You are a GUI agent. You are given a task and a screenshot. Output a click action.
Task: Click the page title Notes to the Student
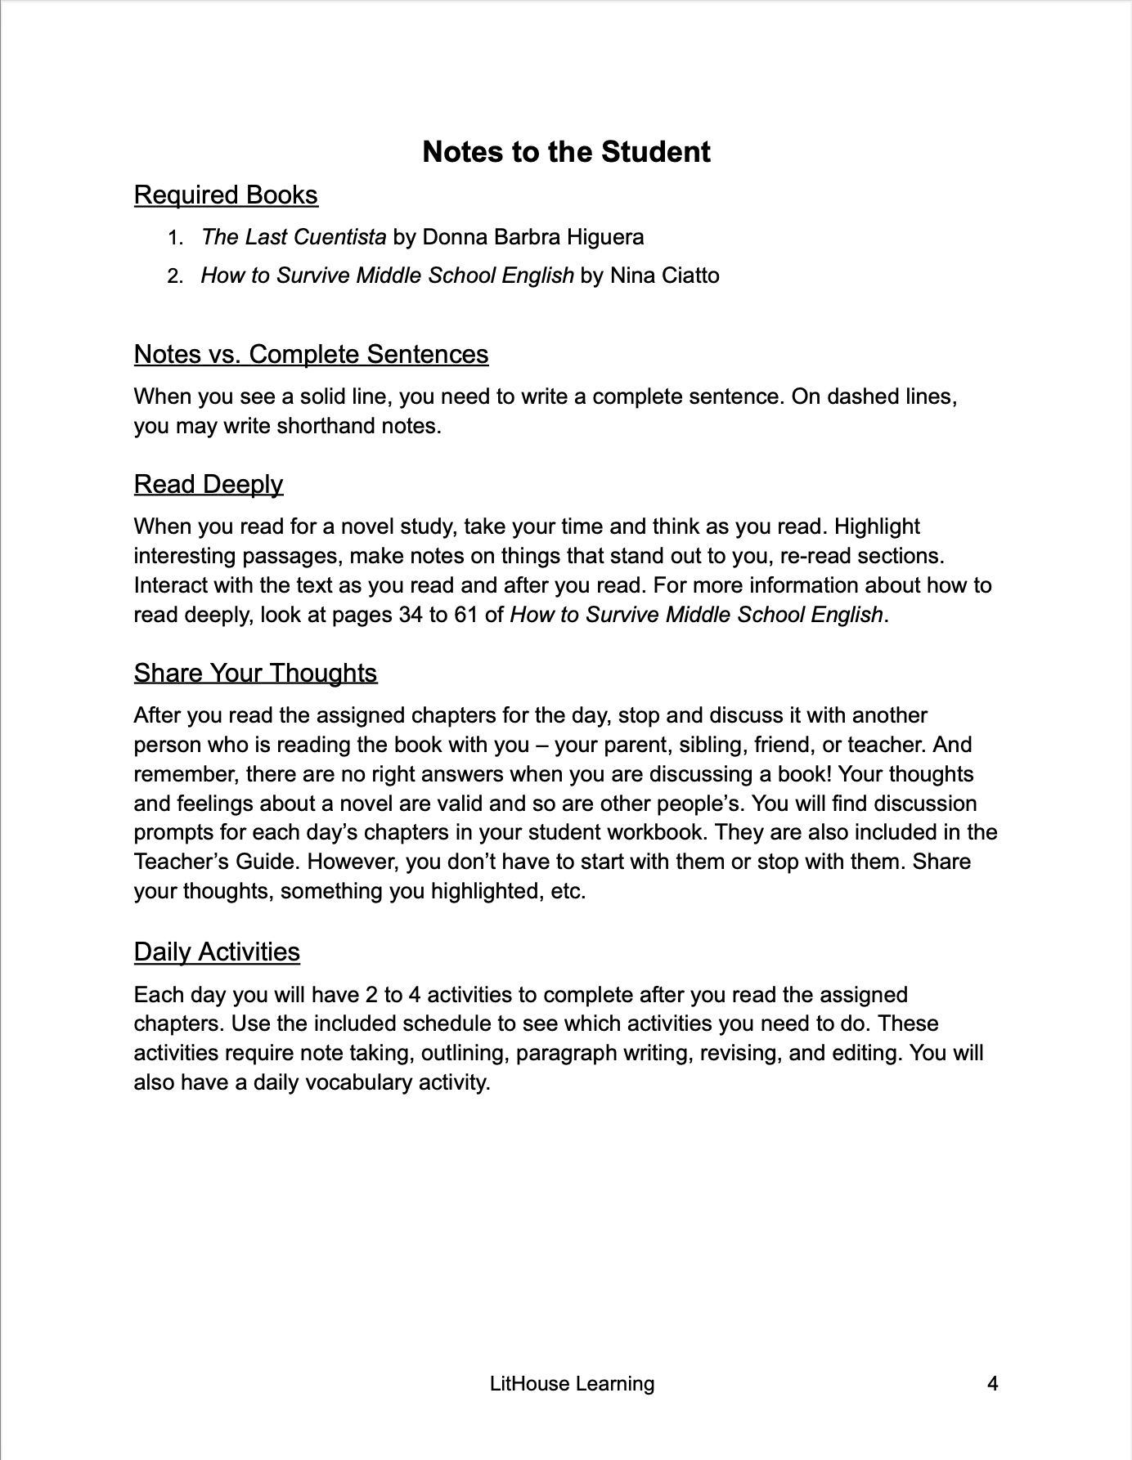click(x=566, y=152)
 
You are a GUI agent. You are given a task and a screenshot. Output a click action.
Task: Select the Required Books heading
click(x=226, y=195)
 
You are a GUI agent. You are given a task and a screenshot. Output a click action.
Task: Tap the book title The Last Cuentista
click(x=294, y=237)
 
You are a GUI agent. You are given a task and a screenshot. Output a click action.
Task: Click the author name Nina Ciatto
click(x=665, y=275)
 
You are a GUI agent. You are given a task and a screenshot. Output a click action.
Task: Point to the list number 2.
click(x=174, y=276)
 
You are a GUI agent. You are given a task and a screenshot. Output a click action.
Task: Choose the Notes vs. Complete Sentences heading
click(x=311, y=354)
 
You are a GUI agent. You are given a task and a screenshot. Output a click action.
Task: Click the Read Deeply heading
click(x=208, y=484)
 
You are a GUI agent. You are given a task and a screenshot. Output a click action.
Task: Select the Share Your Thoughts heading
click(x=255, y=673)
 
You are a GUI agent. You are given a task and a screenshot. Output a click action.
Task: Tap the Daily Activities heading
click(x=217, y=952)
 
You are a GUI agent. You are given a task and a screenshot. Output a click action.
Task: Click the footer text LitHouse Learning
click(x=572, y=1383)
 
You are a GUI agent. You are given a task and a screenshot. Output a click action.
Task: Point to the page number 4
click(x=992, y=1383)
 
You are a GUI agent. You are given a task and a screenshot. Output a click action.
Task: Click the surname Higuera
click(x=605, y=237)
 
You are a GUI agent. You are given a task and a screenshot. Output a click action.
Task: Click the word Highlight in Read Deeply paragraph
click(x=877, y=526)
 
